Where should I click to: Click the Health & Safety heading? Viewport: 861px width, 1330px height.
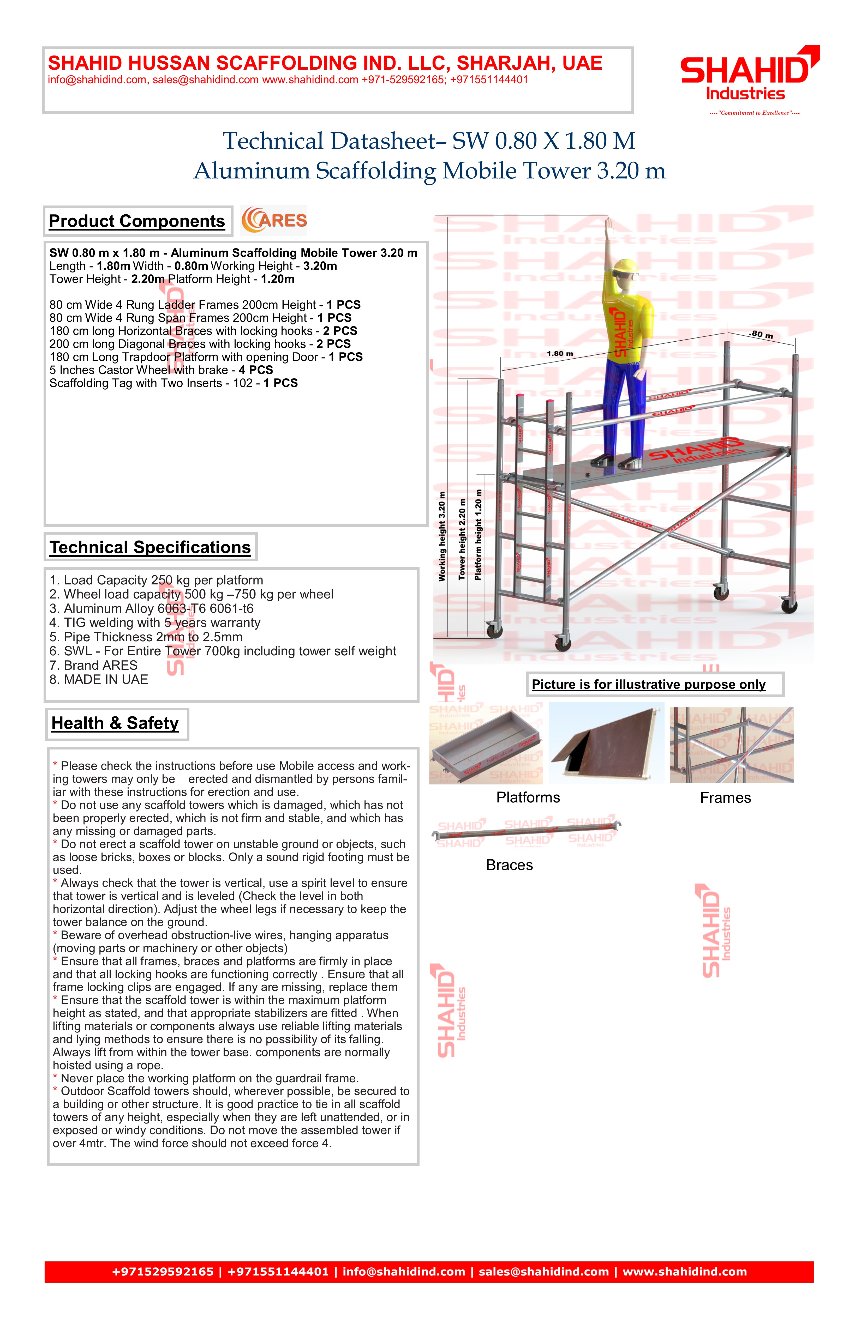click(115, 723)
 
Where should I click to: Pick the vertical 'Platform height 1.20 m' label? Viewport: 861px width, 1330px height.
click(478, 535)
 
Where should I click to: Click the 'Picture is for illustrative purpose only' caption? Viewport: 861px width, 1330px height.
click(649, 685)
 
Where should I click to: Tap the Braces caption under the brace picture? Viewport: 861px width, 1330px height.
click(509, 865)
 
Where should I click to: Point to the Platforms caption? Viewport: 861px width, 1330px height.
click(528, 797)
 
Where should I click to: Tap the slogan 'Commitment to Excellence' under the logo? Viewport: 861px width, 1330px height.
click(754, 113)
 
